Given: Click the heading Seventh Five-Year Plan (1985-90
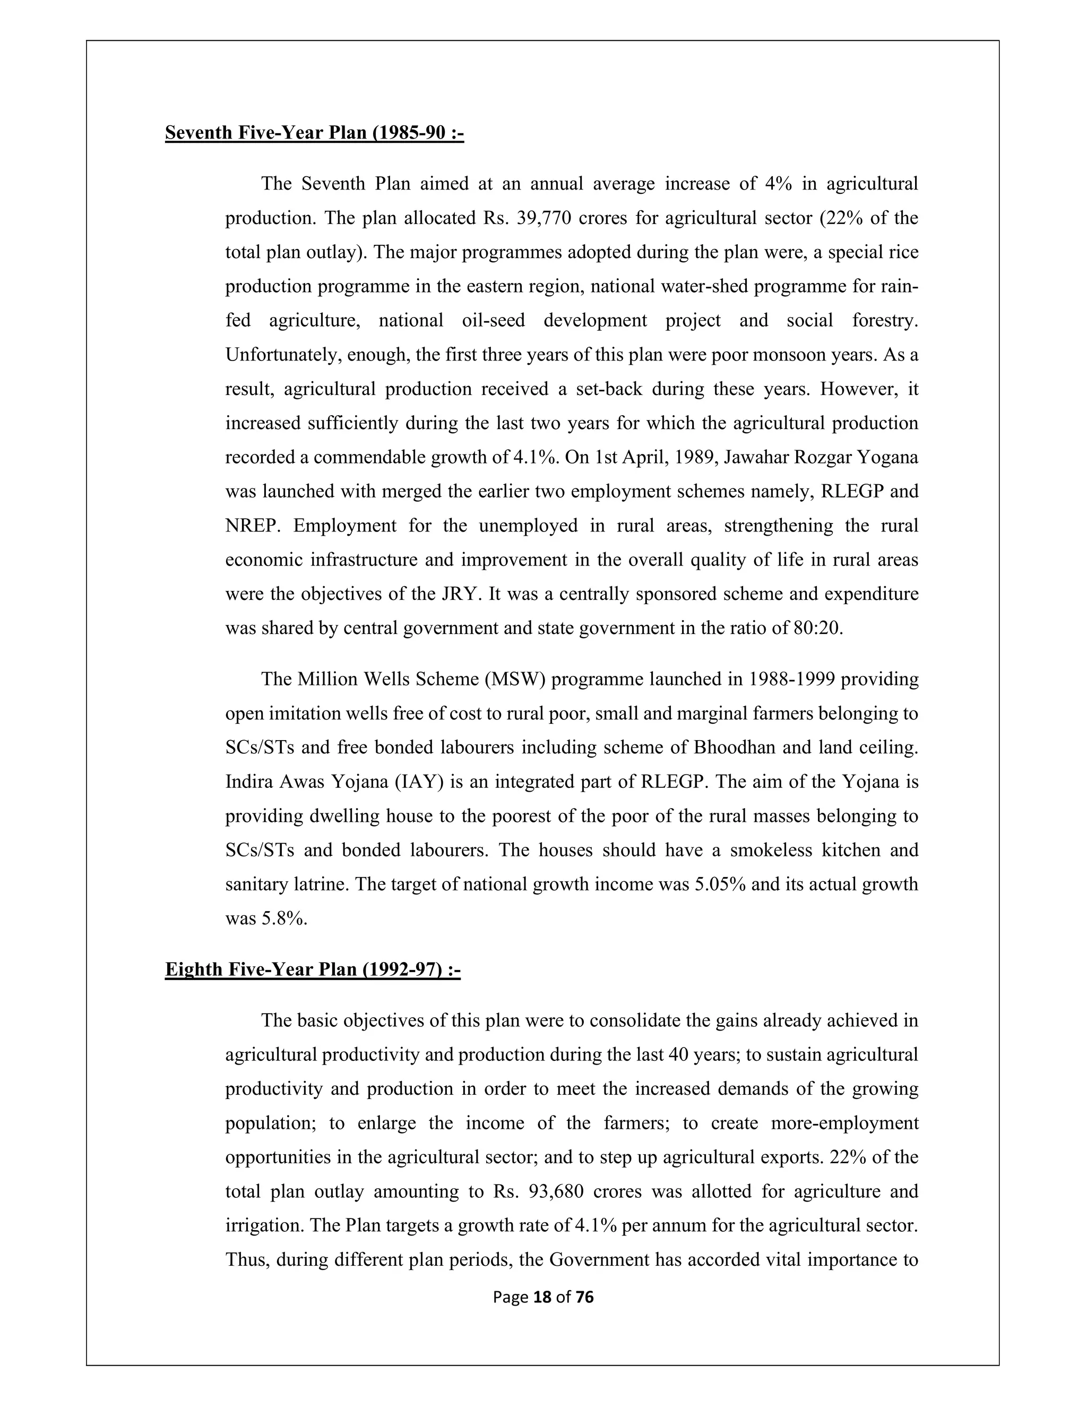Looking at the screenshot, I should click(314, 133).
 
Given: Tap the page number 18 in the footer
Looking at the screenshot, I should click(543, 1297).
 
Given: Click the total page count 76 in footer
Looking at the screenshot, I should click(584, 1297).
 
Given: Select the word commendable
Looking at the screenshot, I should click(368, 457).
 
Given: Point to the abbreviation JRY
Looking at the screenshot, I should click(461, 594).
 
